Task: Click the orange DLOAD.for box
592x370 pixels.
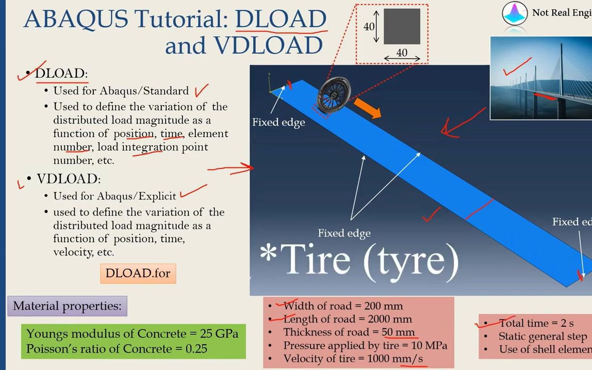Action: click(x=138, y=273)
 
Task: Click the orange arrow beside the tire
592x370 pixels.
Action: click(x=368, y=109)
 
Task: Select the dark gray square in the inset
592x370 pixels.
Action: click(x=402, y=26)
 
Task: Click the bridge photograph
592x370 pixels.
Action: click(x=540, y=77)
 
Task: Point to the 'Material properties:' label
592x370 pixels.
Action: click(x=67, y=306)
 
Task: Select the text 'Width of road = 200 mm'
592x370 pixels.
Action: click(x=343, y=306)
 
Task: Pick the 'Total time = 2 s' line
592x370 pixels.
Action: click(x=536, y=323)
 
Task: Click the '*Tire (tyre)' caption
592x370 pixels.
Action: click(x=359, y=259)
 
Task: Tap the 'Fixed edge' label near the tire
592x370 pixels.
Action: click(x=278, y=122)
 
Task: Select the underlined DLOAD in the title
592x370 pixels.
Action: click(x=281, y=19)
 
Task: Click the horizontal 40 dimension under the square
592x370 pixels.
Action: click(x=401, y=52)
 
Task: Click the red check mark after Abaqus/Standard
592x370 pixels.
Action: click(x=202, y=91)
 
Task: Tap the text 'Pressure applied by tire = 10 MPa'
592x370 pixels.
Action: click(x=365, y=345)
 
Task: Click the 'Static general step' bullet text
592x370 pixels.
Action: click(x=542, y=337)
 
